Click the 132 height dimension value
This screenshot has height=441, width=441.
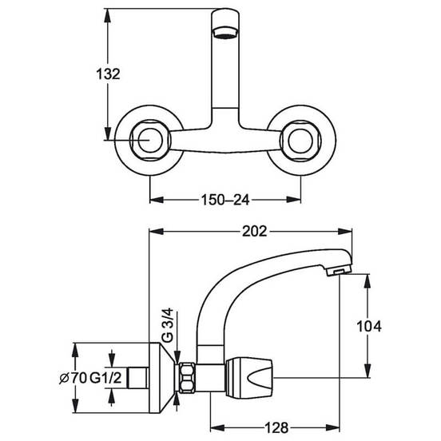click(108, 74)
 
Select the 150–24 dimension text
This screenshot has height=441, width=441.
click(225, 200)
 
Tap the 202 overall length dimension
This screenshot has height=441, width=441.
click(254, 232)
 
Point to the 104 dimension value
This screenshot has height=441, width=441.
click(369, 326)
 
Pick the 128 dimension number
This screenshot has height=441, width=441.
click(276, 427)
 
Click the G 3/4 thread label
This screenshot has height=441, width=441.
click(169, 325)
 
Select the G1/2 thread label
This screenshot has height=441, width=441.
click(105, 378)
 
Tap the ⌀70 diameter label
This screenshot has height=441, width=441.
click(73, 378)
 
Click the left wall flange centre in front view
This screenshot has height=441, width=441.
click(149, 140)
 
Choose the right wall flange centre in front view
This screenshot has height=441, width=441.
click(301, 140)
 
